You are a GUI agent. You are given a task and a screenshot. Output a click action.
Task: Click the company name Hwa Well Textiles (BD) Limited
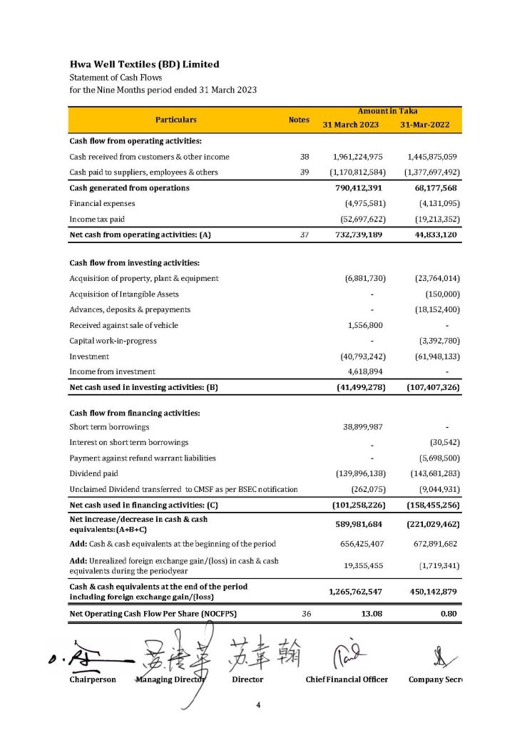pos(144,64)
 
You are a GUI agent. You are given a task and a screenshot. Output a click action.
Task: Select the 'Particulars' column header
pos(175,120)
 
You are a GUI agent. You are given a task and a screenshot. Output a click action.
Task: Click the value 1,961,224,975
pos(358,157)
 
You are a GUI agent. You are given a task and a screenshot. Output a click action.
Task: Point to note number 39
pos(304,173)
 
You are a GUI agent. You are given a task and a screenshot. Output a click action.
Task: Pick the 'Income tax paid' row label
pos(98,219)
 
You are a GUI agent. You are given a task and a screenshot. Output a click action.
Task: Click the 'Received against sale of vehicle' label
pos(123,325)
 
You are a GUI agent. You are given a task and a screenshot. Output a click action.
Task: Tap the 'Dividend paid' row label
pos(93,473)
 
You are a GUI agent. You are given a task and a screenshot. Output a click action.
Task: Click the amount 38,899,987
pos(363,427)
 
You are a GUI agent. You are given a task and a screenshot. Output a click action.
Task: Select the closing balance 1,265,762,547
pos(358,591)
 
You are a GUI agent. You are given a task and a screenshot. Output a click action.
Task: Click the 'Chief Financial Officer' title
pos(347,679)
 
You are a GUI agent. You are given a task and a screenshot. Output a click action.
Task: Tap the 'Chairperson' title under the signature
pos(93,679)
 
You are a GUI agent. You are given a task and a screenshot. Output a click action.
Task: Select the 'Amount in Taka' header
pos(388,111)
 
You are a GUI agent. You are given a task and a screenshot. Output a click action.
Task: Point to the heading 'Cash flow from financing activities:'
pos(134,413)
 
